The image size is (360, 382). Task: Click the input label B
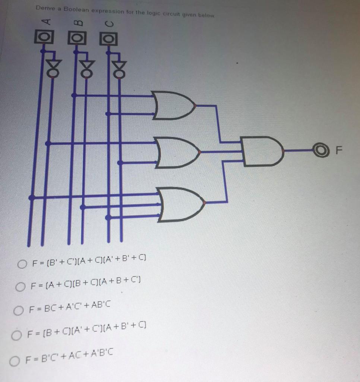click(x=77, y=24)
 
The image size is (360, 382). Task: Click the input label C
click(x=108, y=24)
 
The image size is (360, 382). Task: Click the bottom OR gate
click(x=181, y=204)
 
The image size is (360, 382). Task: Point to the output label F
click(x=338, y=151)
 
